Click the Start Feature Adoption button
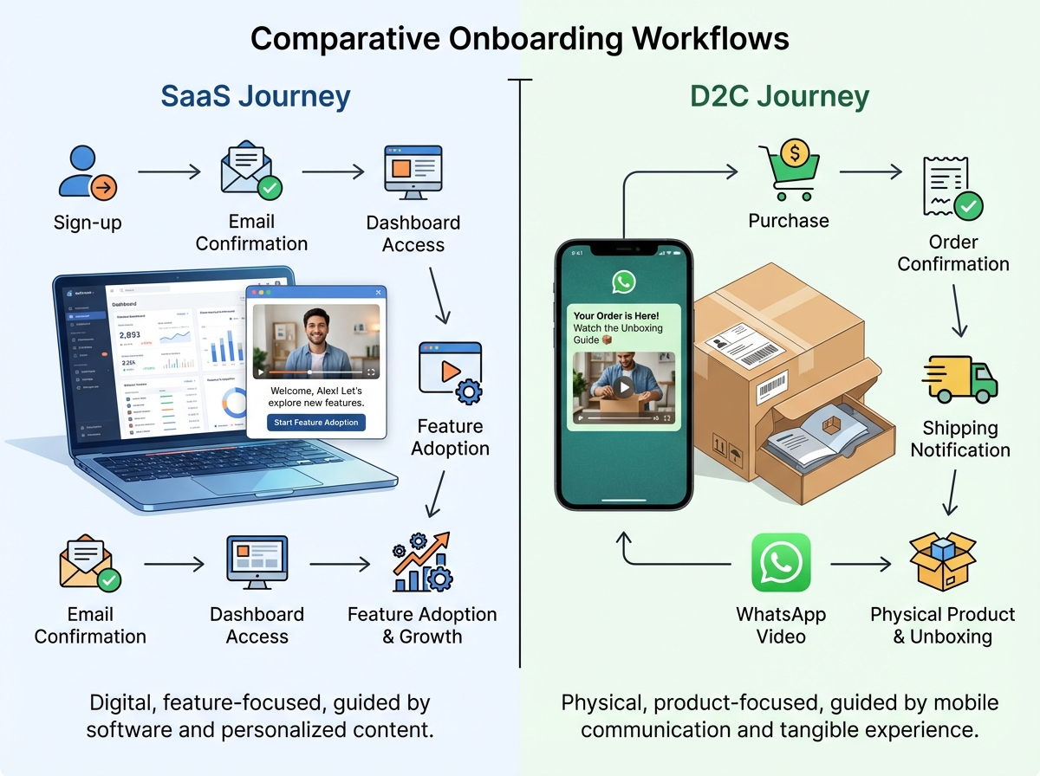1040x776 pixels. pyautogui.click(x=316, y=423)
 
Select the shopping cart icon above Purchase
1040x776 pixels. pyautogui.click(x=788, y=171)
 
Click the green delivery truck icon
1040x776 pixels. pyautogui.click(x=959, y=379)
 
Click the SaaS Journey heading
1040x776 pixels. pyautogui.click(x=256, y=96)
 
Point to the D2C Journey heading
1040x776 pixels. pyautogui.click(x=779, y=96)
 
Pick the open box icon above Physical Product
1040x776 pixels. pyautogui.click(x=942, y=562)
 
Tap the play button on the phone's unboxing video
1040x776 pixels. pyautogui.click(x=623, y=385)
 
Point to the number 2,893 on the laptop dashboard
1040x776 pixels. pyautogui.click(x=129, y=334)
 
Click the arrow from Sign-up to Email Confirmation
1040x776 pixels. pyautogui.click(x=169, y=172)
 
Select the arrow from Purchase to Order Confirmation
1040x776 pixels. pyautogui.click(x=870, y=172)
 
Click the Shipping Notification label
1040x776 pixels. pyautogui.click(x=959, y=439)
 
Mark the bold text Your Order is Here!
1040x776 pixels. pyautogui.click(x=616, y=316)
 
